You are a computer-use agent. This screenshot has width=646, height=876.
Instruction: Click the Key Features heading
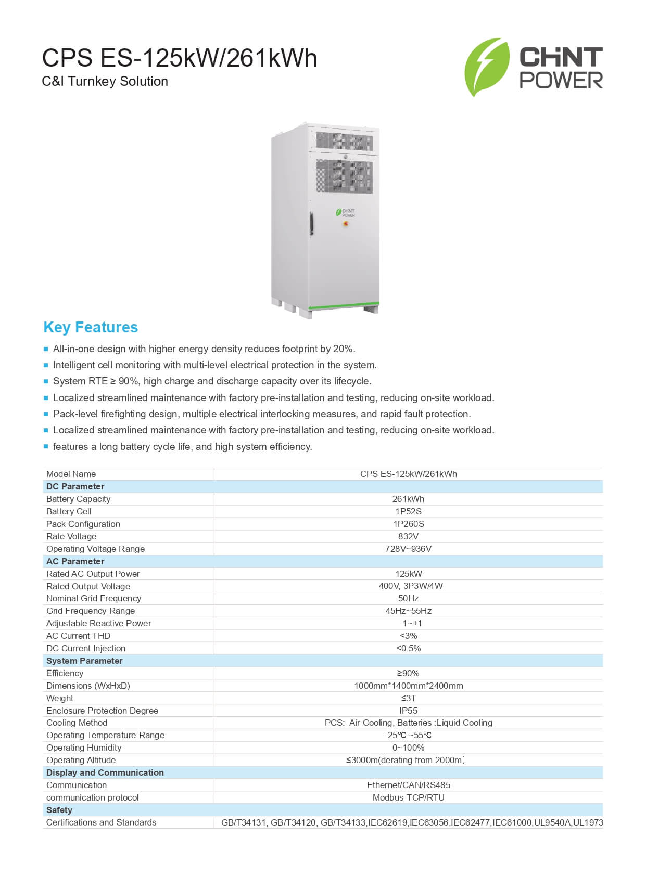click(91, 327)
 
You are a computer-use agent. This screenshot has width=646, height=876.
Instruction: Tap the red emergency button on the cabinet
click(346, 224)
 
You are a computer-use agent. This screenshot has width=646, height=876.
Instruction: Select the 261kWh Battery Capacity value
click(408, 499)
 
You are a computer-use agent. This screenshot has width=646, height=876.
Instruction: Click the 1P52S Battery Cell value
click(408, 511)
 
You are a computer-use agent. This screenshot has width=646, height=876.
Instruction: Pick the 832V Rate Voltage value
click(408, 536)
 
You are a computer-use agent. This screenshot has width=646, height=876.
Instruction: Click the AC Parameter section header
click(75, 561)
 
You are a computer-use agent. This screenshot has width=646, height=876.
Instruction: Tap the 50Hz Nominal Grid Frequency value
click(408, 598)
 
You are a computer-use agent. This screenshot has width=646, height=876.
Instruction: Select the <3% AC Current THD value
click(408, 636)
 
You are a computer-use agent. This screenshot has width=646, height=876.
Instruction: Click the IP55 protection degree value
click(408, 711)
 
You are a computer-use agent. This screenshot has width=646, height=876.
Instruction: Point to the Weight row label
click(60, 698)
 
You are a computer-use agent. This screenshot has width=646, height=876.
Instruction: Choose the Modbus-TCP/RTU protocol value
click(408, 797)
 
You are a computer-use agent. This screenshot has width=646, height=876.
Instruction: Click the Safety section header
click(59, 810)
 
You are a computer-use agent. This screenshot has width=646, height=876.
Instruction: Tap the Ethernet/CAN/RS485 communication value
click(408, 785)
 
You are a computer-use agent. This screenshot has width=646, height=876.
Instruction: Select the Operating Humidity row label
click(84, 748)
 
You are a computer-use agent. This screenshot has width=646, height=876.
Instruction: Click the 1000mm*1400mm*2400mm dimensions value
click(408, 686)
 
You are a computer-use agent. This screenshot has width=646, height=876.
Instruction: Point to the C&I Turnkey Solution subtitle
click(105, 81)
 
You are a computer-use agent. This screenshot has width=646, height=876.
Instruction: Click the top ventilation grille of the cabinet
click(344, 140)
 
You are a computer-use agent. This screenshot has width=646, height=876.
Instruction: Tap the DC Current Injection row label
click(86, 648)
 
